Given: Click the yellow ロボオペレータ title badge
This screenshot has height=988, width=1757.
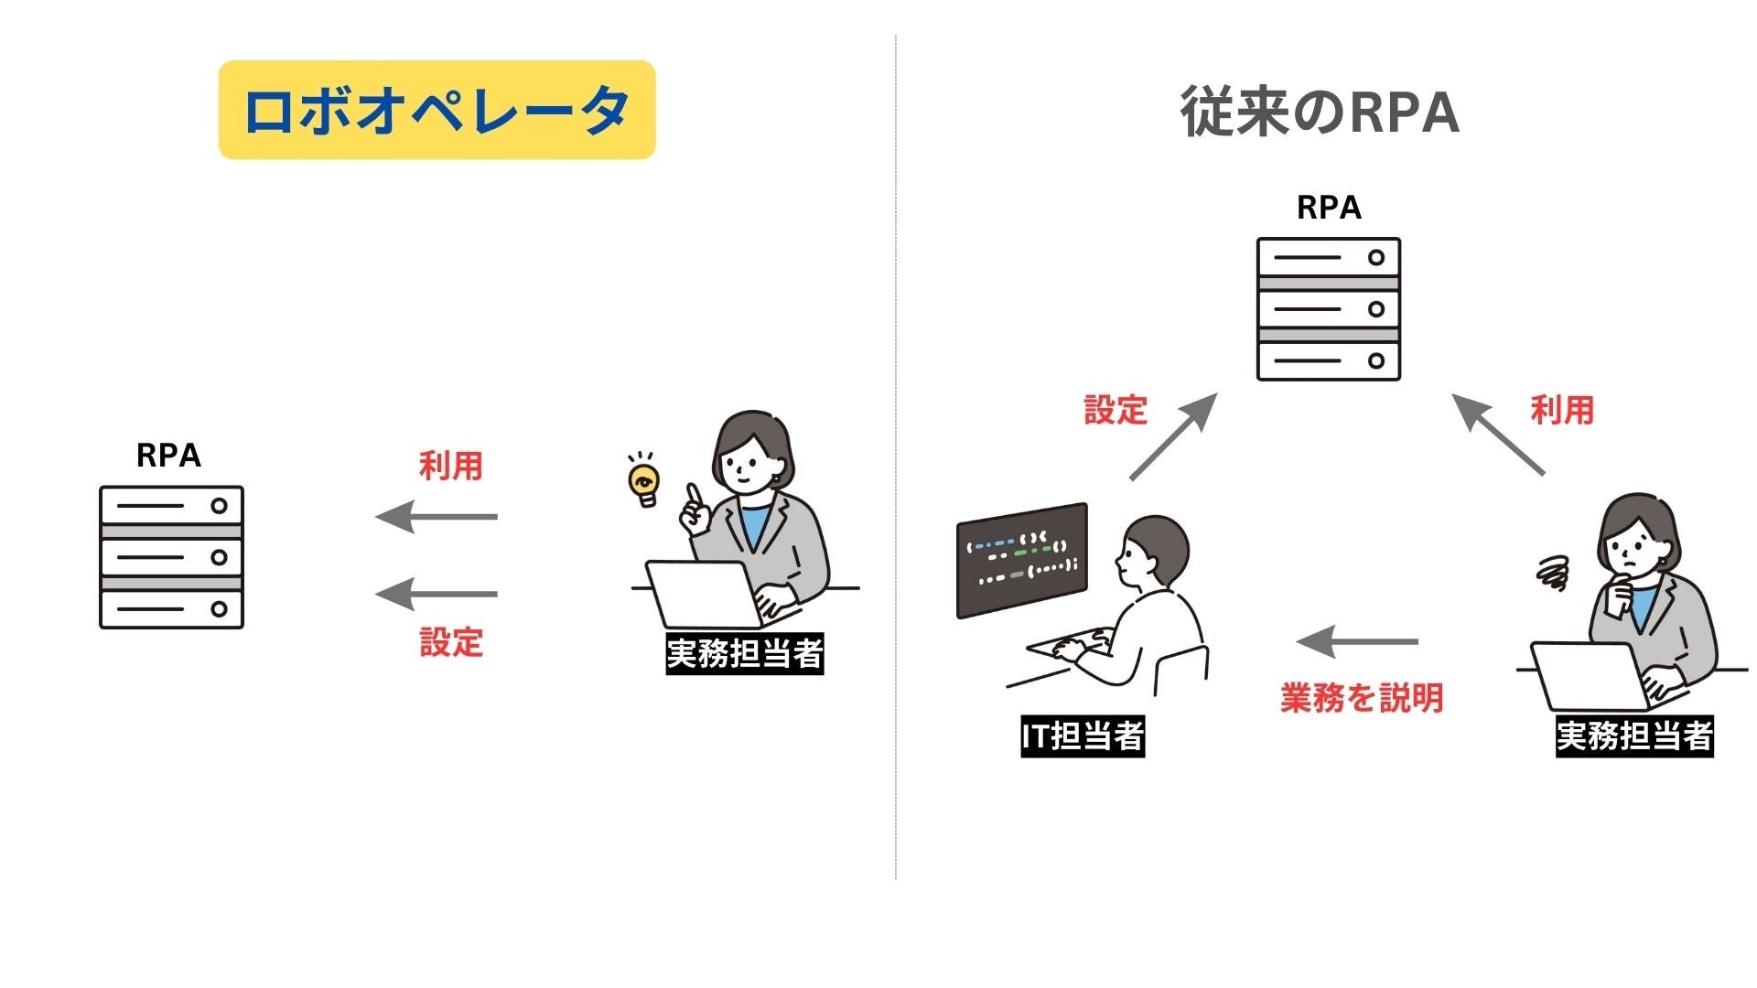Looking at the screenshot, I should pos(437,110).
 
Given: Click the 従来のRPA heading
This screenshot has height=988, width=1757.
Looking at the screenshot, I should pos(1319,113).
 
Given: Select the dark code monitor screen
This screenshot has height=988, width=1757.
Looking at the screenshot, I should pos(1021,560).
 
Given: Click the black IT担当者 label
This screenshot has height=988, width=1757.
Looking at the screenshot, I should pos(1083,736).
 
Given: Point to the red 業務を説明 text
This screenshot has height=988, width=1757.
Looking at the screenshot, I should pos(1362,698).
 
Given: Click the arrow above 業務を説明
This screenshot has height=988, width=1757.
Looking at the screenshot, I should pos(1358,641).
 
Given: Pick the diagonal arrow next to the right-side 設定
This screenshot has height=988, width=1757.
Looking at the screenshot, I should pos(1173,436).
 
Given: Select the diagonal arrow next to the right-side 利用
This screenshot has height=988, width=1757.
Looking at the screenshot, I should pos(1498,435).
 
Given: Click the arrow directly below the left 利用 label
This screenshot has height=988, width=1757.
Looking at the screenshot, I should pos(437,517).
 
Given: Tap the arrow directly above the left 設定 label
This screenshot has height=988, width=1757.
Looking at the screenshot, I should pos(437,594).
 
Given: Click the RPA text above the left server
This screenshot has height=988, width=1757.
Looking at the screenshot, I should pos(168,456).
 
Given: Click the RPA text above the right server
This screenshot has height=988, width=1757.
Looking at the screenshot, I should pos(1329,208).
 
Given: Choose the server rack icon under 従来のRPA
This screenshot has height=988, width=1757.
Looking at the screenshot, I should pos(1329,309).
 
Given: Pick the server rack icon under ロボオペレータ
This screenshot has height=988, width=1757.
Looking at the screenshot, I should pos(171,557).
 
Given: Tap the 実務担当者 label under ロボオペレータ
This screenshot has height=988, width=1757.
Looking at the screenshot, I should pos(745,654).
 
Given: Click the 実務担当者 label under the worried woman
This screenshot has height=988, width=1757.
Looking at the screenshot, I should pos(1634,736).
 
